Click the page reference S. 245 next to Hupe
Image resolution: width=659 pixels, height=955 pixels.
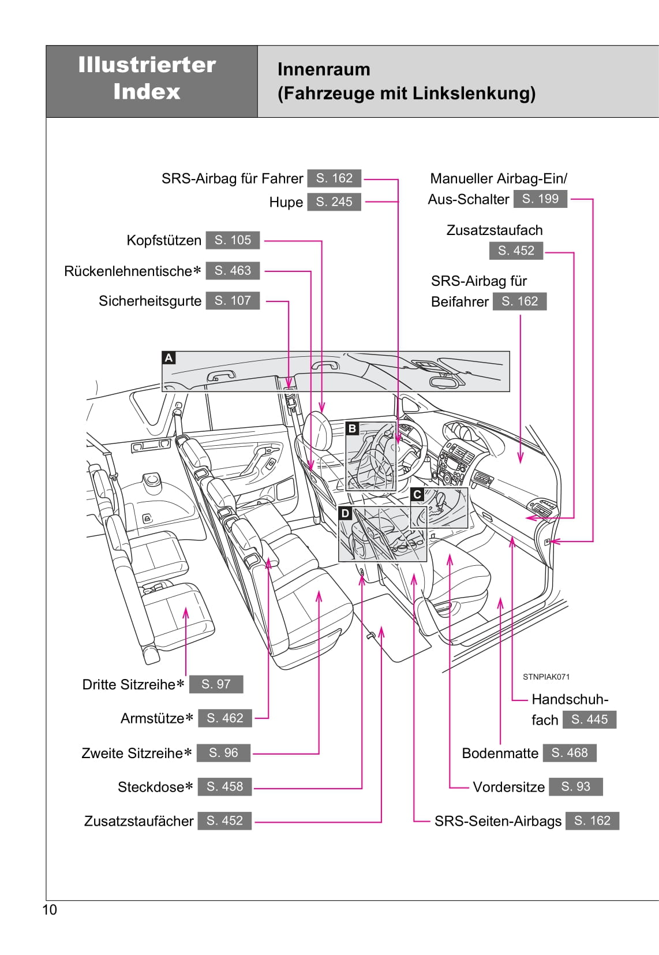click(x=334, y=202)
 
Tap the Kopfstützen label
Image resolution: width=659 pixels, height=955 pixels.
click(x=164, y=240)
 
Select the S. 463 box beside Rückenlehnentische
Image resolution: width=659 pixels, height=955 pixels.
click(x=233, y=270)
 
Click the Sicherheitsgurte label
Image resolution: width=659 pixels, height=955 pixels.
click(x=150, y=301)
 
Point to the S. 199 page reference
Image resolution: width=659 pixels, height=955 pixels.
click(x=540, y=199)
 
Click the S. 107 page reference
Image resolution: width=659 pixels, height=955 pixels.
click(x=233, y=300)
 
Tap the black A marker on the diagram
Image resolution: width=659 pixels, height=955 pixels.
click(x=169, y=358)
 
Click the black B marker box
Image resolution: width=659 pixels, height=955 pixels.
click(x=352, y=428)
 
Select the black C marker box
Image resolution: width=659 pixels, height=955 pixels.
click(x=417, y=494)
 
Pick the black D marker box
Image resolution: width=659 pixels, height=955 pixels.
click(x=345, y=513)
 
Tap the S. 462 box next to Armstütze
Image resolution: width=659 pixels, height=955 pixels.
click(x=224, y=718)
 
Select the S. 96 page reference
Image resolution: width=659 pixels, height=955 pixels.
click(x=223, y=753)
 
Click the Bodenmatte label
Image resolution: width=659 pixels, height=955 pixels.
click(x=500, y=753)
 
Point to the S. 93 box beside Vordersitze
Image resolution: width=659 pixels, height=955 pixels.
click(x=575, y=786)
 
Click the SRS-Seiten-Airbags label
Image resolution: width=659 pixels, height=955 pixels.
click(x=497, y=821)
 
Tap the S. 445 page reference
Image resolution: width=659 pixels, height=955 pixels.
click(x=589, y=719)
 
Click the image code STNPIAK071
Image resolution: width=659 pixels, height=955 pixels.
click(x=546, y=677)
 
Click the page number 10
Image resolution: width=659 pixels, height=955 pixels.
click(x=50, y=910)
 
